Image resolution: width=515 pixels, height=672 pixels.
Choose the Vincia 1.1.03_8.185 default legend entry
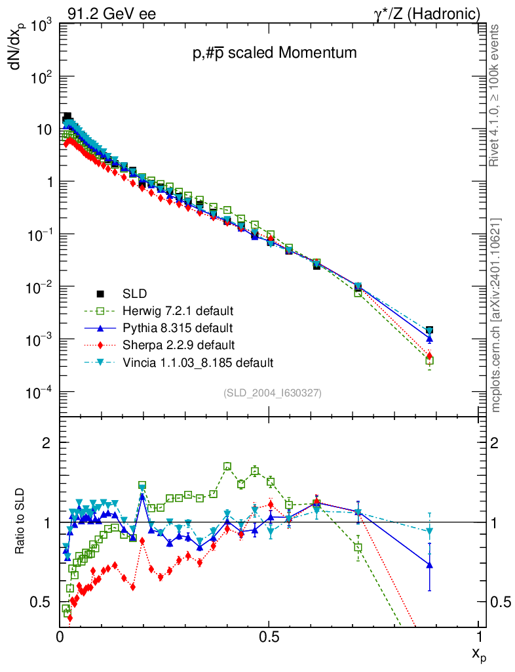click(197, 362)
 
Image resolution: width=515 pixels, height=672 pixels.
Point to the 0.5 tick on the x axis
click(269, 636)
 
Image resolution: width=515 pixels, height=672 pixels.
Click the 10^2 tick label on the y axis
click(41, 77)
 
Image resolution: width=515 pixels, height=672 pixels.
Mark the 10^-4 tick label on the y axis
click(40, 392)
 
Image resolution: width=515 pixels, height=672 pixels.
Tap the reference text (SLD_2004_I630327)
click(272, 392)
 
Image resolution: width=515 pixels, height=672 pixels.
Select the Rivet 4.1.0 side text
click(497, 95)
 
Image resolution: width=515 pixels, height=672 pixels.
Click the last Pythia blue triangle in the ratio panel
click(430, 564)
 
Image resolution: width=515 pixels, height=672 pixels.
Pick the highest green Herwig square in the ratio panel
click(227, 467)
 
